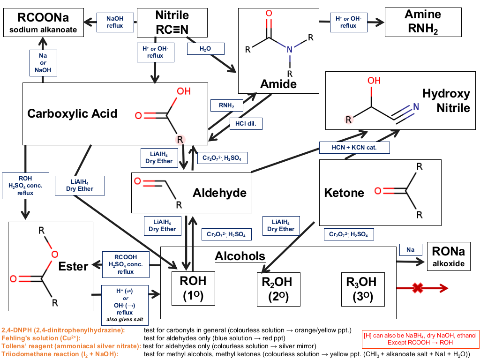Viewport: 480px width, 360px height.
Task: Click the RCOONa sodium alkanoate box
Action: tap(44, 22)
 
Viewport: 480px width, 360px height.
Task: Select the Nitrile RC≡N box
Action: tap(172, 22)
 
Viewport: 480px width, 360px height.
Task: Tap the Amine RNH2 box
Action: tap(423, 22)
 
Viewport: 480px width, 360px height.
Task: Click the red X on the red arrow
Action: tap(418, 288)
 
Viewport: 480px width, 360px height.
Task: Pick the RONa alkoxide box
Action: tap(449, 256)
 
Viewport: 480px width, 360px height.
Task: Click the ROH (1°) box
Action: tap(193, 288)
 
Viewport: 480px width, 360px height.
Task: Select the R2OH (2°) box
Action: tap(278, 289)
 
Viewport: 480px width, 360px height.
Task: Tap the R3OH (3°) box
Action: tap(363, 289)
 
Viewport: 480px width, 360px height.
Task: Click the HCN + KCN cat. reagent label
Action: tap(354, 148)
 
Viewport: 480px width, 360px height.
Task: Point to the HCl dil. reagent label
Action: tap(246, 124)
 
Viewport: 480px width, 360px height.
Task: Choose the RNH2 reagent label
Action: tap(226, 105)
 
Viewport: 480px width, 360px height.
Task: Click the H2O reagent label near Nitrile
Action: tap(205, 49)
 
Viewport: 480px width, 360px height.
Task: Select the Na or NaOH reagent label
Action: tap(43, 63)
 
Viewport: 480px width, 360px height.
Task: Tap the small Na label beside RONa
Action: tap(411, 250)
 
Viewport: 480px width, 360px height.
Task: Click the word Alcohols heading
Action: tap(240, 256)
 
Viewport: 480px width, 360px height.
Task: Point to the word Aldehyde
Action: tap(219, 193)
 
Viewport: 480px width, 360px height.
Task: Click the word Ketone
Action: tap(344, 193)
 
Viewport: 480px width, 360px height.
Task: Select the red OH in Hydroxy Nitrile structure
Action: tap(374, 81)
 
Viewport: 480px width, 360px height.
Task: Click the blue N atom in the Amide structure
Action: tap(290, 50)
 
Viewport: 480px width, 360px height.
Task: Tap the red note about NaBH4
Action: tap(420, 339)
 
